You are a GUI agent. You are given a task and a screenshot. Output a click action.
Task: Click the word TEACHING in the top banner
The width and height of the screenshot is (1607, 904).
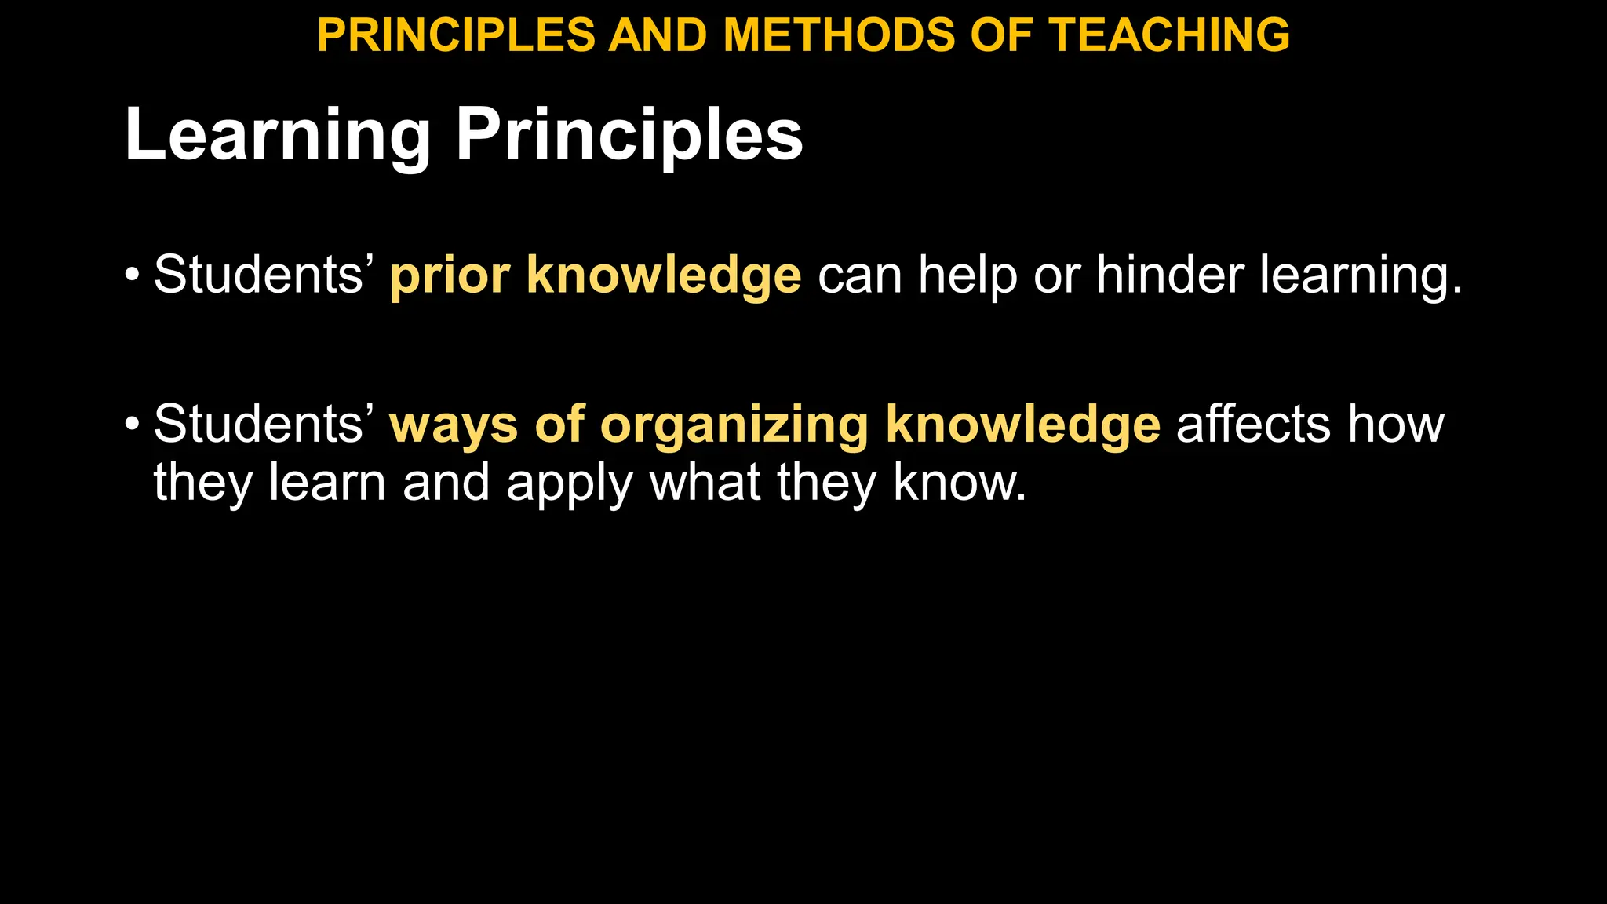coord(1169,35)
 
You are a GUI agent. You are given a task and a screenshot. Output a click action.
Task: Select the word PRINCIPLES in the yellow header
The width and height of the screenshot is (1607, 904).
coord(456,35)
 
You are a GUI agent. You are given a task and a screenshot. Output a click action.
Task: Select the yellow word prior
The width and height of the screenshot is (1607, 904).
coord(450,275)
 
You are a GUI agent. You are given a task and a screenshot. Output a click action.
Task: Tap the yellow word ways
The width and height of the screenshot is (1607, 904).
coord(454,425)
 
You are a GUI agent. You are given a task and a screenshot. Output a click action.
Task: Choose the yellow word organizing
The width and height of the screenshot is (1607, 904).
coord(734,425)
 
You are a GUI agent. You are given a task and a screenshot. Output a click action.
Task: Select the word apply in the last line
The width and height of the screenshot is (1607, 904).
coord(569,483)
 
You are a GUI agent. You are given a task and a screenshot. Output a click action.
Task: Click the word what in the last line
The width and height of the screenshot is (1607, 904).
coord(705,483)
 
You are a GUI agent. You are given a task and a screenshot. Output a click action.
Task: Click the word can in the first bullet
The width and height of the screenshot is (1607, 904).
coord(859,275)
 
